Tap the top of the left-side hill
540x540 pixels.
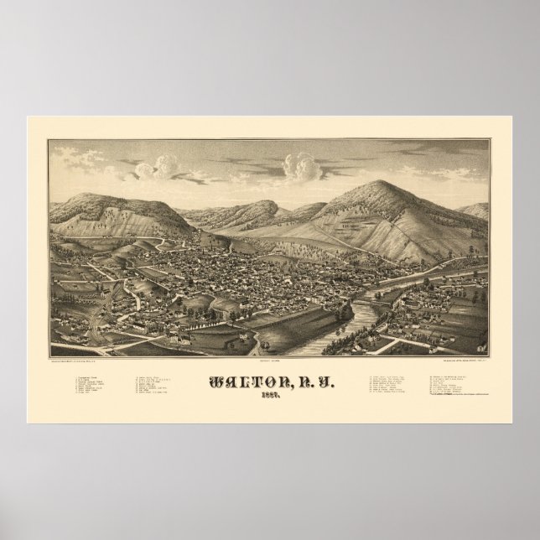click(117, 197)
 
